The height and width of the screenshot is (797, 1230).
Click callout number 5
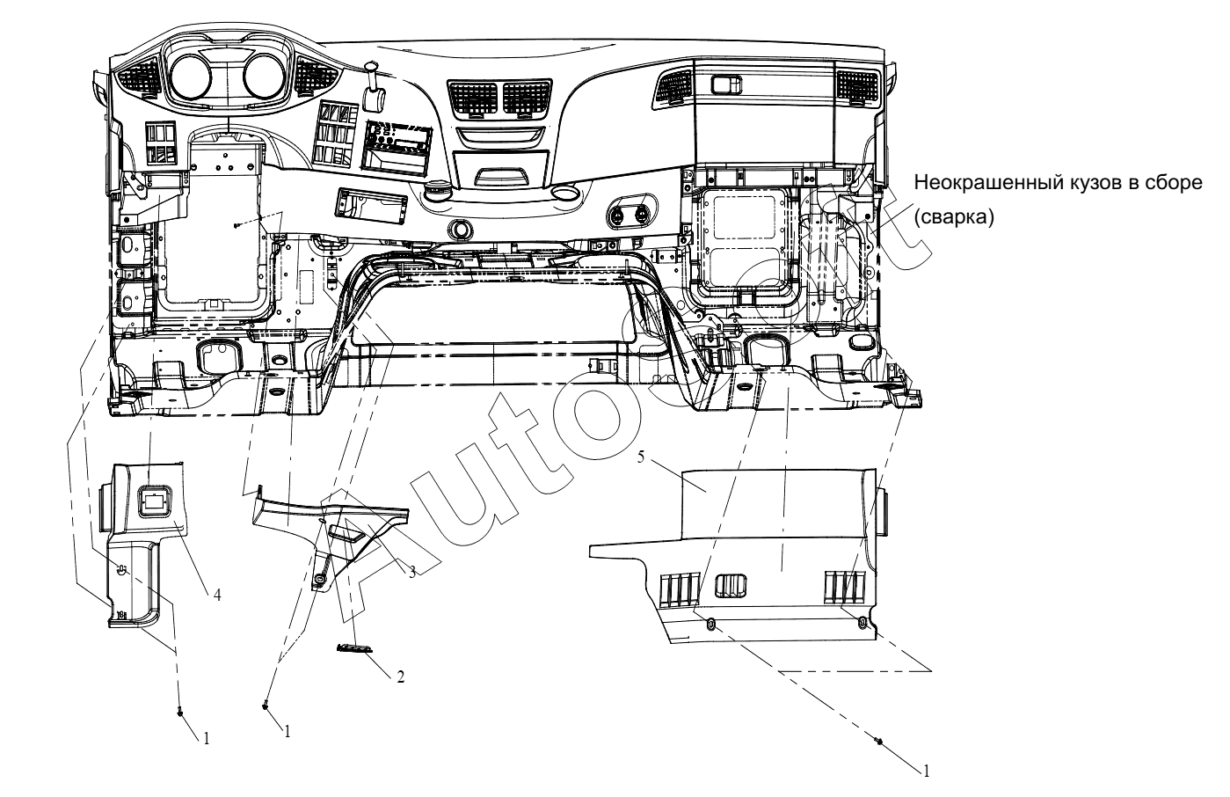pos(640,457)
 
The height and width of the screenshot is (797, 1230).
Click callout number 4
pos(217,595)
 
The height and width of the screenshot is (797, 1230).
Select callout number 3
pos(411,572)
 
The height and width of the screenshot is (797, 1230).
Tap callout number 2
pos(400,676)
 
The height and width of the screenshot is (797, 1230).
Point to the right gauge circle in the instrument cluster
pos(263,77)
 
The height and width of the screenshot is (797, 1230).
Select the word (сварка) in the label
pos(954,218)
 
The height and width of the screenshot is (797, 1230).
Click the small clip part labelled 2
pos(354,649)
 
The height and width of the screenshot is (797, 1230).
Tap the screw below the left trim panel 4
pos(180,713)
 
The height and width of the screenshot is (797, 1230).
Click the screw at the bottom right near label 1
pos(879,741)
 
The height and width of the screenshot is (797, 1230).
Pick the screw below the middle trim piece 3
pos(266,706)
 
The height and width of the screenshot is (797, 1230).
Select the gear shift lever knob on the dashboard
pos(373,99)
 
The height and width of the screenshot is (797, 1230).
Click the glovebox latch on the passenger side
pos(726,84)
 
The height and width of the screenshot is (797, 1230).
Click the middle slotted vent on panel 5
pos(731,586)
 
